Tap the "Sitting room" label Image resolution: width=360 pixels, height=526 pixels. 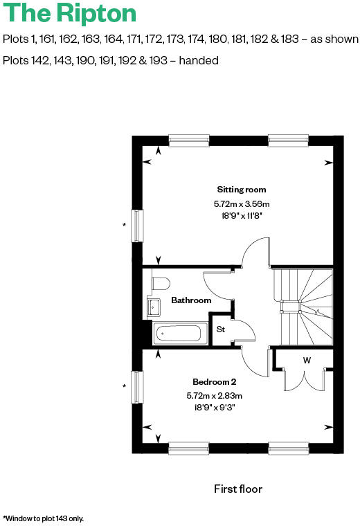pyautogui.click(x=241, y=190)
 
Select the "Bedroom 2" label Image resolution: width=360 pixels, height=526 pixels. pyautogui.click(x=214, y=381)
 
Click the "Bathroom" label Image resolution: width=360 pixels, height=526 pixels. pyautogui.click(x=191, y=300)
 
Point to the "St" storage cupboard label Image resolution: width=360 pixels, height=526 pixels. pyautogui.click(x=221, y=329)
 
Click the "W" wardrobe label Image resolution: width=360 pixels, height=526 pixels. pyautogui.click(x=305, y=360)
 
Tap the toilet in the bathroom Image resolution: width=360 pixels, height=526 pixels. pyautogui.click(x=160, y=284)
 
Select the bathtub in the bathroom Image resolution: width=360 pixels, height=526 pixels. pyautogui.click(x=178, y=334)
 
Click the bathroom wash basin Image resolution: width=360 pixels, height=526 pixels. pyautogui.click(x=155, y=306)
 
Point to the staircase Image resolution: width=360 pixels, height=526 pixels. pyautogui.click(x=303, y=305)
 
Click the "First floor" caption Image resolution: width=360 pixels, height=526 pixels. pyautogui.click(x=238, y=489)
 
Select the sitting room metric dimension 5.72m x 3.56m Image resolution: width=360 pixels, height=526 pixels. pyautogui.click(x=241, y=204)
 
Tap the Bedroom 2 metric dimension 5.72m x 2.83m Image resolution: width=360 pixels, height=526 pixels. pyautogui.click(x=214, y=395)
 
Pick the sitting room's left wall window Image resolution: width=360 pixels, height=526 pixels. pyautogui.click(x=137, y=225)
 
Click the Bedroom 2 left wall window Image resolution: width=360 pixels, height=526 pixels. pyautogui.click(x=137, y=387)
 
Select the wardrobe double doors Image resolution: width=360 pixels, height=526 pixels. pyautogui.click(x=305, y=381)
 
